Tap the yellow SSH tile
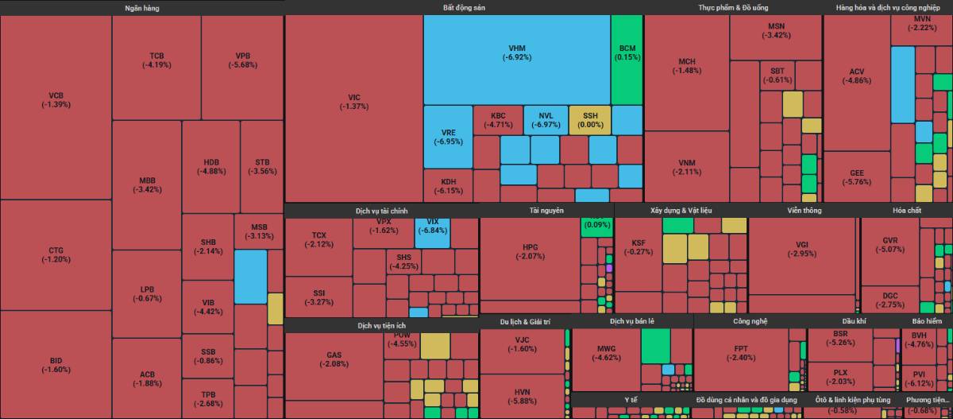590,119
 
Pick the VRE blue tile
448,137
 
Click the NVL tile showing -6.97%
545,119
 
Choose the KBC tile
498,119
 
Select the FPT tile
740,353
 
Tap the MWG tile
606,353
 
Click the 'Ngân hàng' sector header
141,7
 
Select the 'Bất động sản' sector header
464,7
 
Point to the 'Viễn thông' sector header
804,211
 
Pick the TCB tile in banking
156,60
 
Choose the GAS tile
334,359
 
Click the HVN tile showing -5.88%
522,396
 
